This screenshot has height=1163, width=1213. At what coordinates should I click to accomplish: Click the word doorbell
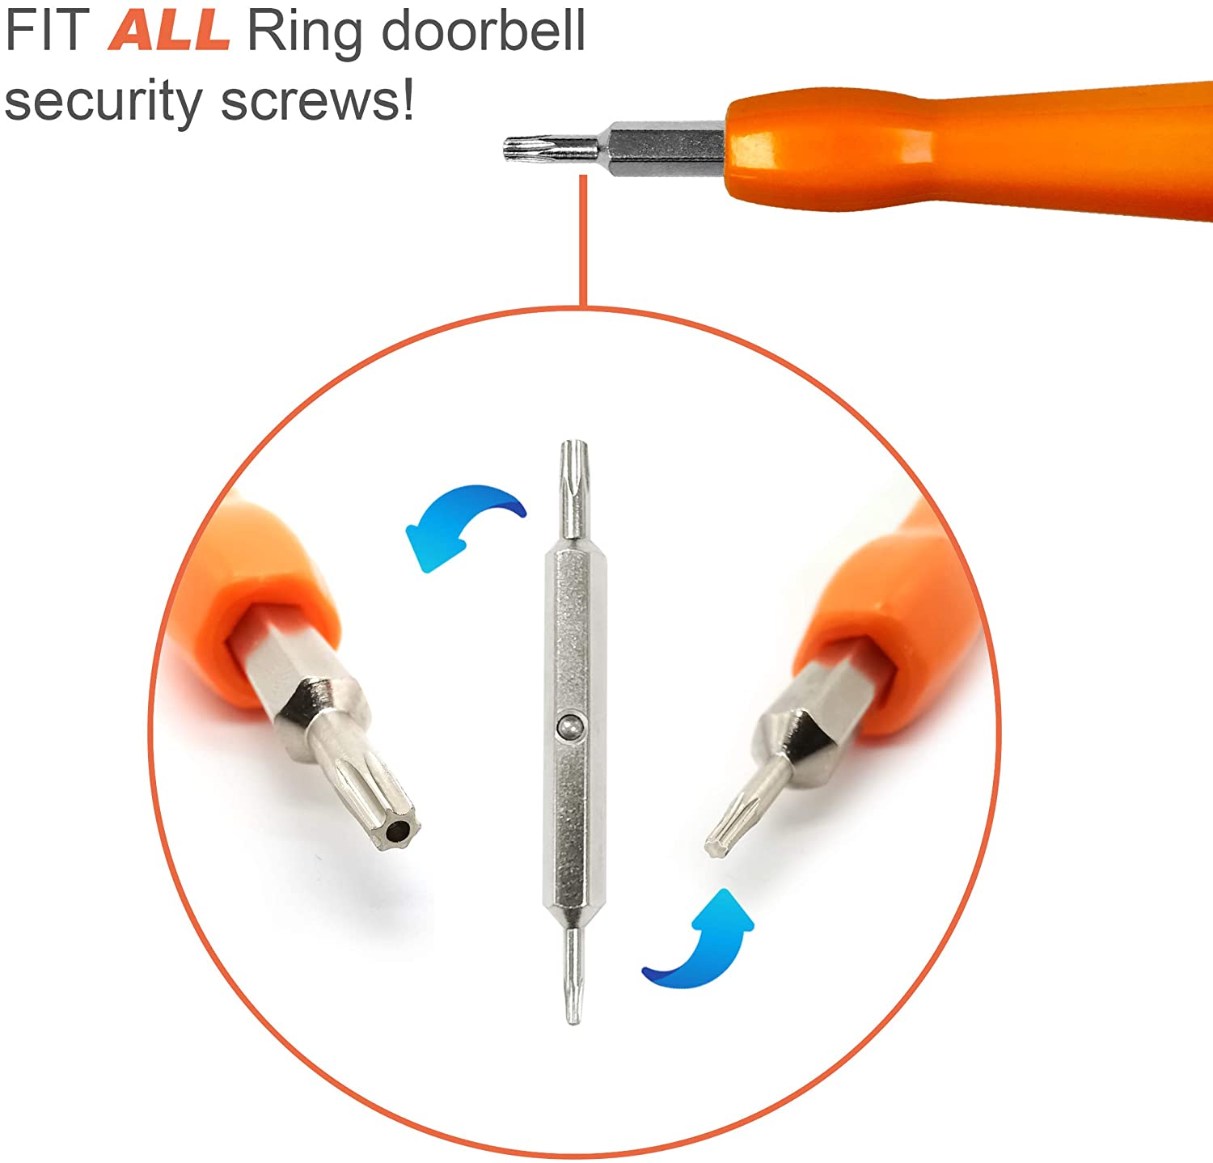(483, 32)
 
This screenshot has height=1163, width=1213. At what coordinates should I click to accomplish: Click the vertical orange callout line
(582, 243)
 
